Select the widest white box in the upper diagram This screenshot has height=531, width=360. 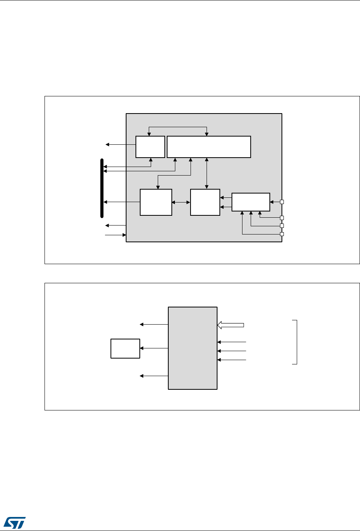209,147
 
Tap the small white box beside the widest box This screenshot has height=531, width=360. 150,147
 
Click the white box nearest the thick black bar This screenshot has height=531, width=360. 156,202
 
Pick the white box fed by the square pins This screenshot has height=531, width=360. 251,202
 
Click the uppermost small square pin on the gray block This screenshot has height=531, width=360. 282,202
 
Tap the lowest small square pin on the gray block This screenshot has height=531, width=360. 282,234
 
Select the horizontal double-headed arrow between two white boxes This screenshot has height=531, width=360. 181,202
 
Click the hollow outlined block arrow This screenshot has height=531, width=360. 230,325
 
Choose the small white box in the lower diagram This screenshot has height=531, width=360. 125,348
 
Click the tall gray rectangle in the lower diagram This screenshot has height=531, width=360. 192,348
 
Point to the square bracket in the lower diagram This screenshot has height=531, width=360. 296,342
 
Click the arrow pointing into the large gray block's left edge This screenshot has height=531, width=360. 116,235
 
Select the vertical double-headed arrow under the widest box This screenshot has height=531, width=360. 207,173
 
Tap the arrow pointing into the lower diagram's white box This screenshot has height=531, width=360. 154,348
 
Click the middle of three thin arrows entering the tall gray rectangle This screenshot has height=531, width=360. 232,350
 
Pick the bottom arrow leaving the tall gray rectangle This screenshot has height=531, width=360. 154,376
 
